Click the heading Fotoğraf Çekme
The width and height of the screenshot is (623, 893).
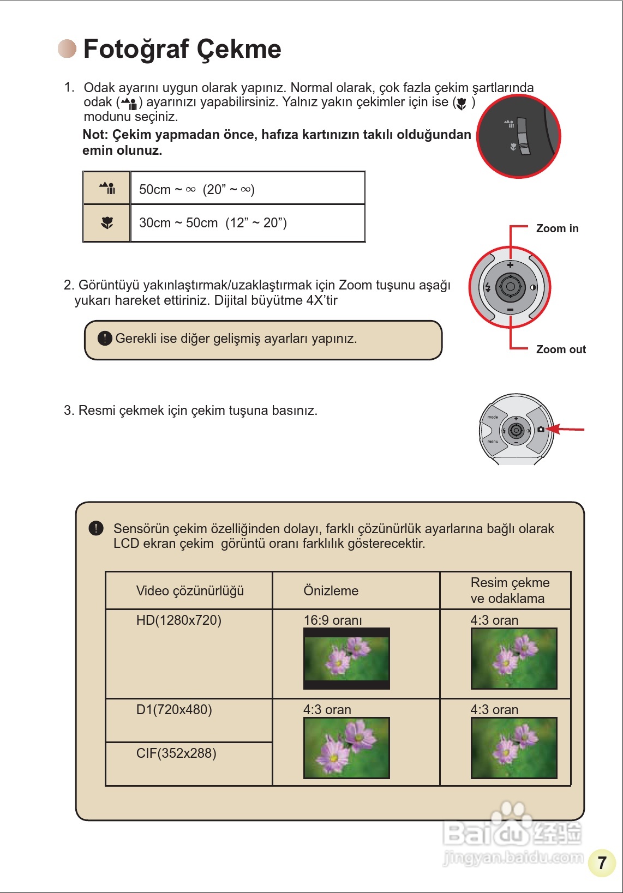tap(182, 49)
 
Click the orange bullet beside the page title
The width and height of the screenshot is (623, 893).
tap(67, 49)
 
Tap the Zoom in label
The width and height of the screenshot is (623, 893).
tap(557, 228)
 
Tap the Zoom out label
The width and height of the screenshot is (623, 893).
tap(561, 349)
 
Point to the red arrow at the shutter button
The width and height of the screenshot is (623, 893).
tap(565, 430)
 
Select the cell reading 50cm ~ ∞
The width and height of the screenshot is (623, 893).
tap(248, 189)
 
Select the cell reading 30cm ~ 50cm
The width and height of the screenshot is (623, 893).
tap(248, 222)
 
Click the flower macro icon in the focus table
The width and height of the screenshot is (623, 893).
tap(107, 222)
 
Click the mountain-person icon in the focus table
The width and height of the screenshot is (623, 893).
tap(107, 189)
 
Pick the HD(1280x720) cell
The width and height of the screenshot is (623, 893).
tap(188, 653)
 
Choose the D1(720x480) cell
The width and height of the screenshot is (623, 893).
tap(188, 720)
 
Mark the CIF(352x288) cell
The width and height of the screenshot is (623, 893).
tap(188, 763)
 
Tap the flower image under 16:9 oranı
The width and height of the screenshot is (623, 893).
tap(346, 659)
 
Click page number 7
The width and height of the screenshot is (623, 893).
tap(602, 862)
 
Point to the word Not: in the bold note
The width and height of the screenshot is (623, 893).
tap(95, 135)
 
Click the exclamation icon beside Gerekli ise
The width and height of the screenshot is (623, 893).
tap(105, 339)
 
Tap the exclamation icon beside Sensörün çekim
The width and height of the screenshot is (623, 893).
tap(96, 528)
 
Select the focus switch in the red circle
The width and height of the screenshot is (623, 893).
tap(523, 136)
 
